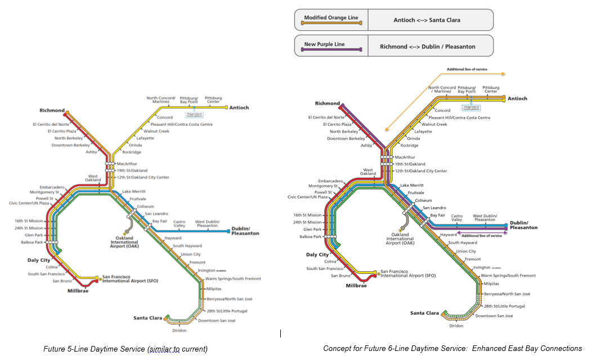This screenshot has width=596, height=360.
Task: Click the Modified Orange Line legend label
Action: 331,17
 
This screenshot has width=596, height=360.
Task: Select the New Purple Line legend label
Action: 324,44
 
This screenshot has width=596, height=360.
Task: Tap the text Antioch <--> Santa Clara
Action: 427,20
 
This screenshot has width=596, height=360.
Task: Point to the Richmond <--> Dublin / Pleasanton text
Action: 427,47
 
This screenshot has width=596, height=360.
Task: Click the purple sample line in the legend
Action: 331,51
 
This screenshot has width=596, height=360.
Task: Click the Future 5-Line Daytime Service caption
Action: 126,349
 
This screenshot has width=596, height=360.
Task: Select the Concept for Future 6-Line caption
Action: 452,349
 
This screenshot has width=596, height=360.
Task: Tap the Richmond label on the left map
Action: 52,111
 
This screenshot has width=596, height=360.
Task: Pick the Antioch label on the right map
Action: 517,98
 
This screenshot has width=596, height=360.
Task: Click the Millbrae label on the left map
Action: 78,291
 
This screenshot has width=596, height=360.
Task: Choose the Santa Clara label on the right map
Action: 424,313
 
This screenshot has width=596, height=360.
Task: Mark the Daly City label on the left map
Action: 39,260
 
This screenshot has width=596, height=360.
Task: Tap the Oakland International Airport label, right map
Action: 400,238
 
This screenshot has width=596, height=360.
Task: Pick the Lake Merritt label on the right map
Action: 412,185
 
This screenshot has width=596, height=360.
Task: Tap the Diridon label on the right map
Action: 456,326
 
